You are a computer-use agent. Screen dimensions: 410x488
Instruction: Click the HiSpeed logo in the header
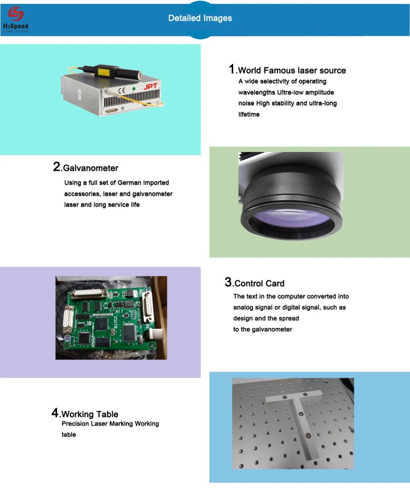[15, 19]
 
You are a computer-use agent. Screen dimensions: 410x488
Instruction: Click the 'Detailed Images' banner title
[200, 18]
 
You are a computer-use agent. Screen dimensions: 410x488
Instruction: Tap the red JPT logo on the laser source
[150, 87]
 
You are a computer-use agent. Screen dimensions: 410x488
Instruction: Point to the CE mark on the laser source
[121, 90]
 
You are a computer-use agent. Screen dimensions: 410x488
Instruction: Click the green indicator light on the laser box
[134, 89]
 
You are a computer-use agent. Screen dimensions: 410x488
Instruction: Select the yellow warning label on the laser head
[103, 72]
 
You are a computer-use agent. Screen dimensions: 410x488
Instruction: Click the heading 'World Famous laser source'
[292, 70]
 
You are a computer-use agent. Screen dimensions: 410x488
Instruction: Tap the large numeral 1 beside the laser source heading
[232, 69]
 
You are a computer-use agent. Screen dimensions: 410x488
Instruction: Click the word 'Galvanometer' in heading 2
[91, 168]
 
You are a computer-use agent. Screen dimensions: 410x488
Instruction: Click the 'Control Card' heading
[260, 283]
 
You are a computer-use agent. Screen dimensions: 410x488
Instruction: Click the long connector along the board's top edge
[89, 294]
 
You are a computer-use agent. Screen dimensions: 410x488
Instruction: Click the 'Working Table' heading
[90, 414]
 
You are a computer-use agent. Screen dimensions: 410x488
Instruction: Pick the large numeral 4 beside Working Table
[55, 413]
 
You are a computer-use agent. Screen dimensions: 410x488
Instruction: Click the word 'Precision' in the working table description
[75, 424]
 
